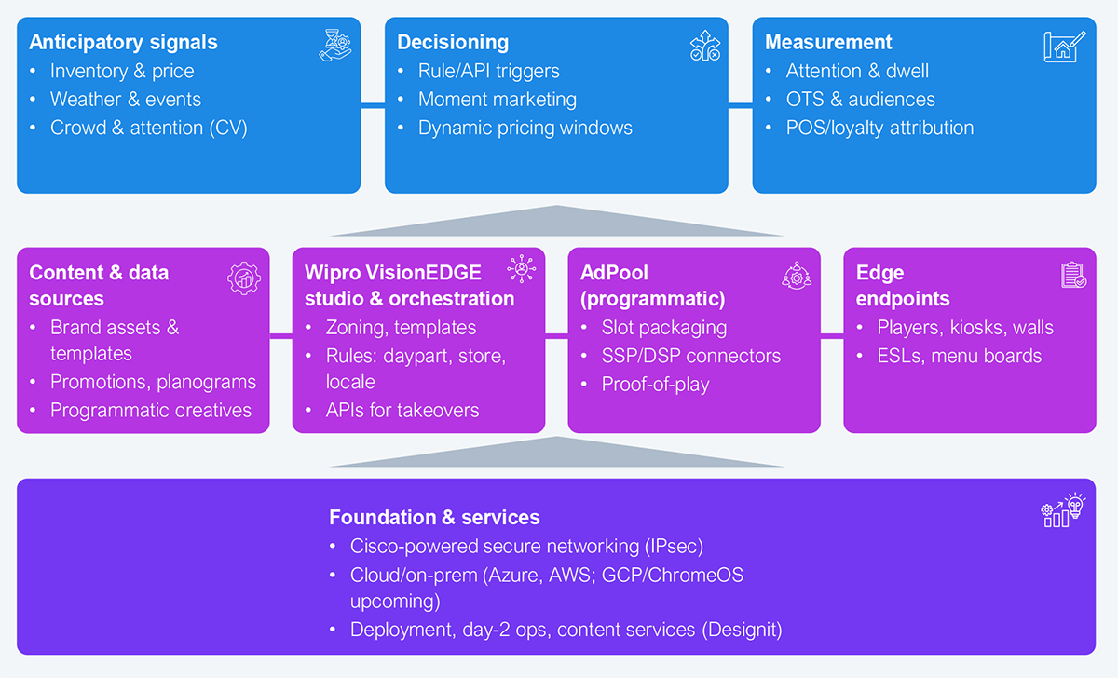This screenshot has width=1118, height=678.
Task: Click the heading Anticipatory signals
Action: [x=123, y=43]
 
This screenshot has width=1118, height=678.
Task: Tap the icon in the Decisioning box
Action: [x=704, y=46]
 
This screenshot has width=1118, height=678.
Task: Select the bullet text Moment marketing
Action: [x=498, y=100]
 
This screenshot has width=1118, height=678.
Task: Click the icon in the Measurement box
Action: [x=1064, y=47]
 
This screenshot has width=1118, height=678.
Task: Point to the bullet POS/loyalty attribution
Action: [x=879, y=128]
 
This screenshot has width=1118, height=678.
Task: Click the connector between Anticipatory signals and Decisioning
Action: [x=373, y=105]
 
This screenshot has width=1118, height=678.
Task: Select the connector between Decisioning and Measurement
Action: [x=740, y=105]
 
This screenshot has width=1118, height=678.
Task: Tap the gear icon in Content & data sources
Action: [x=244, y=278]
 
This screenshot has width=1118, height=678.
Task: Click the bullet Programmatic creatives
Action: [x=151, y=410]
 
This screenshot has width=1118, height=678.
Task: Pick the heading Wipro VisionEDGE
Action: [x=393, y=273]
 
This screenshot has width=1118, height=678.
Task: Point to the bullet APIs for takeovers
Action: [x=402, y=410]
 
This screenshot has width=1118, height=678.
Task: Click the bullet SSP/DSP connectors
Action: [x=690, y=356]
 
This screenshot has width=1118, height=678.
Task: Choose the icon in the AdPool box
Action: [x=797, y=276]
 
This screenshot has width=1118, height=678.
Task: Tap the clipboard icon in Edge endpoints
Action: [x=1073, y=275]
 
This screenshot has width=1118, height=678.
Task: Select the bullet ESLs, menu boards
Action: [x=959, y=356]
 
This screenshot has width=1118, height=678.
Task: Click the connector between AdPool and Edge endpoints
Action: [x=832, y=336]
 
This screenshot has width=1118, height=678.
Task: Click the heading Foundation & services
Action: [x=434, y=518]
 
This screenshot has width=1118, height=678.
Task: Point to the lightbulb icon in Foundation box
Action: [x=1075, y=506]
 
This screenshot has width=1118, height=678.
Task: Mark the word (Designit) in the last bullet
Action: [x=742, y=630]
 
